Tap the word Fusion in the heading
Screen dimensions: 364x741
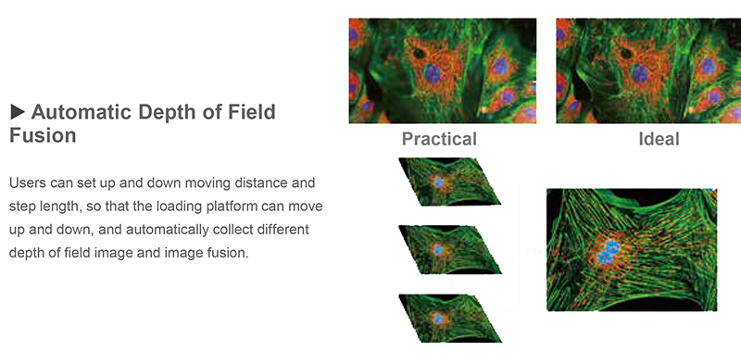[43, 136]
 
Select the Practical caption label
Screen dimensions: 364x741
[439, 140]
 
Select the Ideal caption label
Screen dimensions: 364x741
[659, 140]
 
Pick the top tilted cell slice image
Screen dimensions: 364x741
[448, 182]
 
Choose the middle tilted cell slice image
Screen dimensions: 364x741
[448, 250]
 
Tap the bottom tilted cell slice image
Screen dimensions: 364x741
[448, 319]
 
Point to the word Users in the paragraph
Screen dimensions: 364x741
[28, 182]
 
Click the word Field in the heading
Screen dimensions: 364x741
[253, 113]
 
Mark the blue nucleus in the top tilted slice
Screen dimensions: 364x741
[437, 182]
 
